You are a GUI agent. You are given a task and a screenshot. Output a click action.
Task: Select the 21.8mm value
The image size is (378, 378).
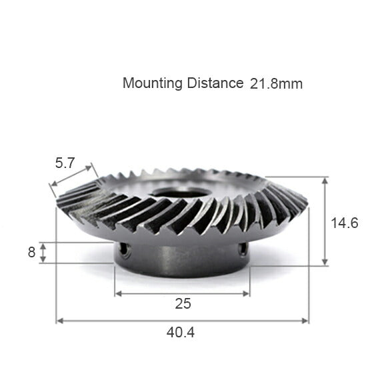tap(276, 84)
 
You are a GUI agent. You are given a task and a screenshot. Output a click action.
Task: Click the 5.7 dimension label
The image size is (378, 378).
tap(65, 163)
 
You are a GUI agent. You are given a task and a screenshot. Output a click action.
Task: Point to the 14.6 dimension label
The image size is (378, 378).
tap(345, 223)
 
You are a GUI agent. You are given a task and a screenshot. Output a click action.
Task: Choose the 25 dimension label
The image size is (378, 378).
tap(183, 304)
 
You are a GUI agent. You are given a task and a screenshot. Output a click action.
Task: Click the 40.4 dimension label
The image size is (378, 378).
tap(182, 331)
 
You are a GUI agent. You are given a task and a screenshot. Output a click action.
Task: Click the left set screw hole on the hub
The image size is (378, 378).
tap(123, 249)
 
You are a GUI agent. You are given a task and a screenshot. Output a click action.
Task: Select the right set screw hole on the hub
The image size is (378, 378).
tap(243, 249)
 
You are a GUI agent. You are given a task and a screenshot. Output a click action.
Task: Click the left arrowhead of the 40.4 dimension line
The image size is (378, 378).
tap(59, 321)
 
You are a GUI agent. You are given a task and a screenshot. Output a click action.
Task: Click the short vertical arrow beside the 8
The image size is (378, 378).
tap(43, 253)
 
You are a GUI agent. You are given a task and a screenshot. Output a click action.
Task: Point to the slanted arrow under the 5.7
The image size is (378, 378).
tap(74, 179)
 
